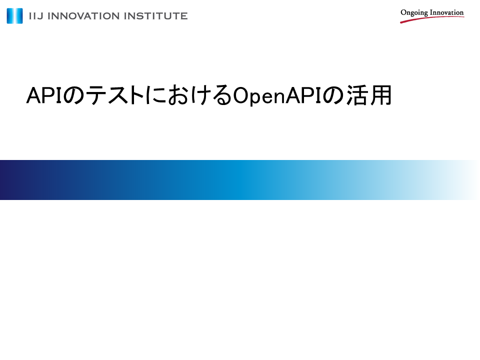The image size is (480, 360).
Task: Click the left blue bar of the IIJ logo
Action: (x=10, y=16)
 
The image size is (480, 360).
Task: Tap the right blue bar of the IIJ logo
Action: (x=19, y=16)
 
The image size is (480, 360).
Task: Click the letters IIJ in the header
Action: (x=36, y=16)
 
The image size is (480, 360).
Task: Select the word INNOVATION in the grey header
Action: (x=83, y=16)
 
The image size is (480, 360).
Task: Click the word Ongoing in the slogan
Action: (x=414, y=13)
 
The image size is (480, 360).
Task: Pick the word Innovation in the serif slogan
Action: (x=447, y=12)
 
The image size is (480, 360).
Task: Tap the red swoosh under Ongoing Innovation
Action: (x=432, y=19)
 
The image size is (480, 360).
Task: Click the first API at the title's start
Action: (x=44, y=95)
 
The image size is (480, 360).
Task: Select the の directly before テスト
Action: (x=73, y=96)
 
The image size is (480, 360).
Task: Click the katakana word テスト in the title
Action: (x=115, y=95)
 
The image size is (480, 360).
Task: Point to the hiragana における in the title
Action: (x=188, y=95)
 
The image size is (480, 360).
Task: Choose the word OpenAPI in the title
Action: (x=277, y=96)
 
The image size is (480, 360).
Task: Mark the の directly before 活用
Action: (x=333, y=96)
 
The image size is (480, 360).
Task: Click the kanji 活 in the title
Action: (x=357, y=95)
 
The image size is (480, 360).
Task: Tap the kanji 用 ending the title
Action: (x=381, y=95)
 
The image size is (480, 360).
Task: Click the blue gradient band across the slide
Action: (x=240, y=180)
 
